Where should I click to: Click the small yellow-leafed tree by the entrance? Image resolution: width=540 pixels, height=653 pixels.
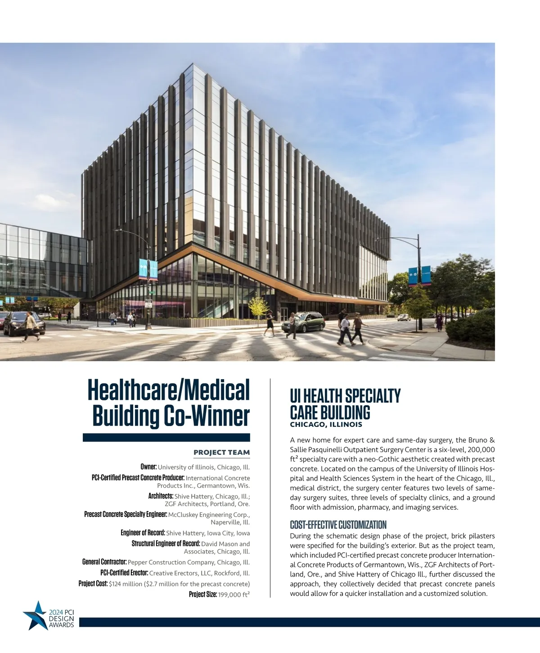tap(257, 306)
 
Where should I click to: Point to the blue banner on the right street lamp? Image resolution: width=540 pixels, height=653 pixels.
tap(413, 276)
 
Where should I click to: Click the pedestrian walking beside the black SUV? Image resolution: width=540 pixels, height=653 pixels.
tap(30, 326)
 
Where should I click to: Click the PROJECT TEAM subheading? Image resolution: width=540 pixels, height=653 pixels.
tap(221, 452)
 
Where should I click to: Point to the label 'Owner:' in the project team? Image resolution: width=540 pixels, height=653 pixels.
tap(148, 467)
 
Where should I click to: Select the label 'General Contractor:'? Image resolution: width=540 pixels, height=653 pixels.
tap(104, 562)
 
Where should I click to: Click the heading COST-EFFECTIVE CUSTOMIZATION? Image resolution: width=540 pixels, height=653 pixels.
tap(338, 525)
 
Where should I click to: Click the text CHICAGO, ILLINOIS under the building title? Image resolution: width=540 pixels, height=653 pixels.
tap(326, 424)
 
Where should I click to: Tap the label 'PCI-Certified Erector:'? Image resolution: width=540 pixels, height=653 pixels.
tap(124, 573)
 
